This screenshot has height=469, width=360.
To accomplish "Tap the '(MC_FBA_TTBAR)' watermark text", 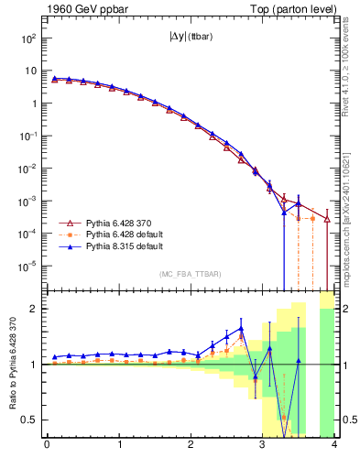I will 189,275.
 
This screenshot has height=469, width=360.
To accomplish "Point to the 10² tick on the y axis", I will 28,38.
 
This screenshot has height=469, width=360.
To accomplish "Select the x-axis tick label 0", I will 47,446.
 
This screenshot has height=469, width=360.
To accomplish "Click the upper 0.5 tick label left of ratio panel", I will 30,420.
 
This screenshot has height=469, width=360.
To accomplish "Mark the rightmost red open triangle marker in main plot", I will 327,219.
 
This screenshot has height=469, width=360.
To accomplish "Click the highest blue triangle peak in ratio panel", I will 241,328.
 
